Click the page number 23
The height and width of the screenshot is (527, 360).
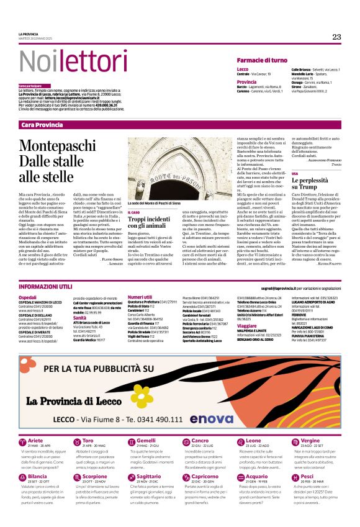(x=336, y=37)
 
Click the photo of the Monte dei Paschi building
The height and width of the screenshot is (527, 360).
(x=171, y=167)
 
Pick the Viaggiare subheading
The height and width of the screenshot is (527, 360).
(x=247, y=325)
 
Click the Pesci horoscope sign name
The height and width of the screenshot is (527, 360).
(x=307, y=476)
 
